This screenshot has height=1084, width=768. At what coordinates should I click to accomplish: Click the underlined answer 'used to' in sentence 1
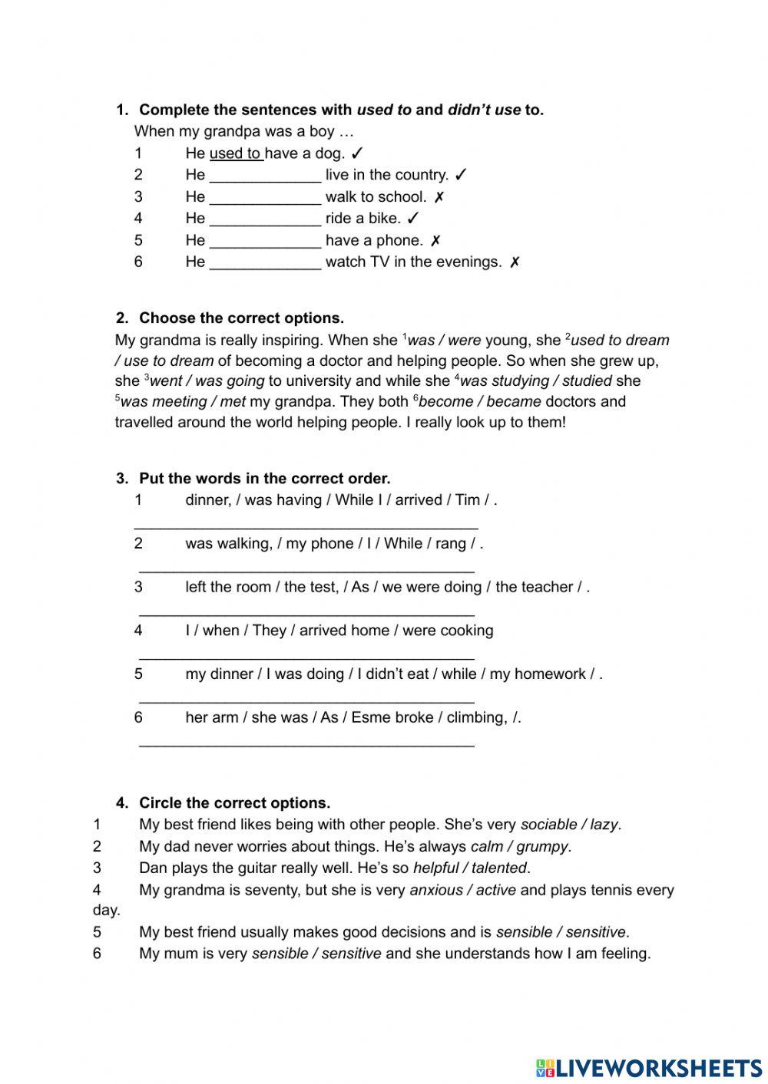tap(236, 153)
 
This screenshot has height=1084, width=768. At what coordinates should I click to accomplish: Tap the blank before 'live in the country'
tap(265, 176)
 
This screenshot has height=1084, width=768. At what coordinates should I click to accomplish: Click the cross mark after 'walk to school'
tap(439, 197)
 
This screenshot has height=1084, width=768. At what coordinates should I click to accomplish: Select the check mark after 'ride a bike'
tap(413, 219)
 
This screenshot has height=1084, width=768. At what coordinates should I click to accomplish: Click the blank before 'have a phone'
tap(265, 241)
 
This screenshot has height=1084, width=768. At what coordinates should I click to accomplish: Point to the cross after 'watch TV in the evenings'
tap(515, 262)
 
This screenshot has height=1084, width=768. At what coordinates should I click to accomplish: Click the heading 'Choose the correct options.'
tap(241, 318)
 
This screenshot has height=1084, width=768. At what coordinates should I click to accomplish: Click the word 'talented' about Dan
tap(499, 868)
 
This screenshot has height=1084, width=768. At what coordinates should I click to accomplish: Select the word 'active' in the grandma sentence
tap(496, 891)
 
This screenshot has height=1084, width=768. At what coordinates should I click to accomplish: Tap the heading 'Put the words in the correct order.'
tap(264, 479)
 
